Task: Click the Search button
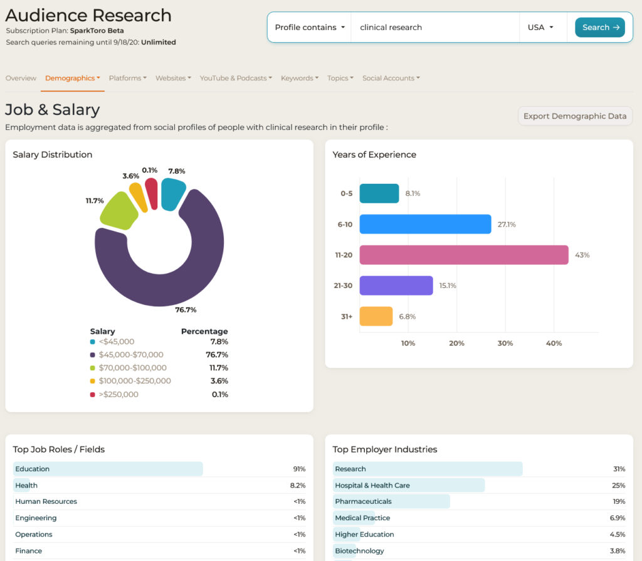[600, 28]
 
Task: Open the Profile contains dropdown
[310, 28]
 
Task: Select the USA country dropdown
[540, 28]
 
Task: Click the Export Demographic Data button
[575, 116]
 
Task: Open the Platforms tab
[127, 78]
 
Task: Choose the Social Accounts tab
[391, 78]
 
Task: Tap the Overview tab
[21, 78]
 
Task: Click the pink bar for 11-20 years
[464, 255]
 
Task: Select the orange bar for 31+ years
[376, 316]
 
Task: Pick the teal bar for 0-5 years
[379, 193]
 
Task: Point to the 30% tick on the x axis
[505, 343]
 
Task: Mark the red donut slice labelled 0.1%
[152, 194]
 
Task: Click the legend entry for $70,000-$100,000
[128, 368]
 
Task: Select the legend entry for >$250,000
[114, 394]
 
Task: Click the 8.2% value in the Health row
[298, 485]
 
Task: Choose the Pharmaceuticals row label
[363, 501]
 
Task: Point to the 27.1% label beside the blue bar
[507, 224]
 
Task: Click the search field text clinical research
[391, 28]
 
